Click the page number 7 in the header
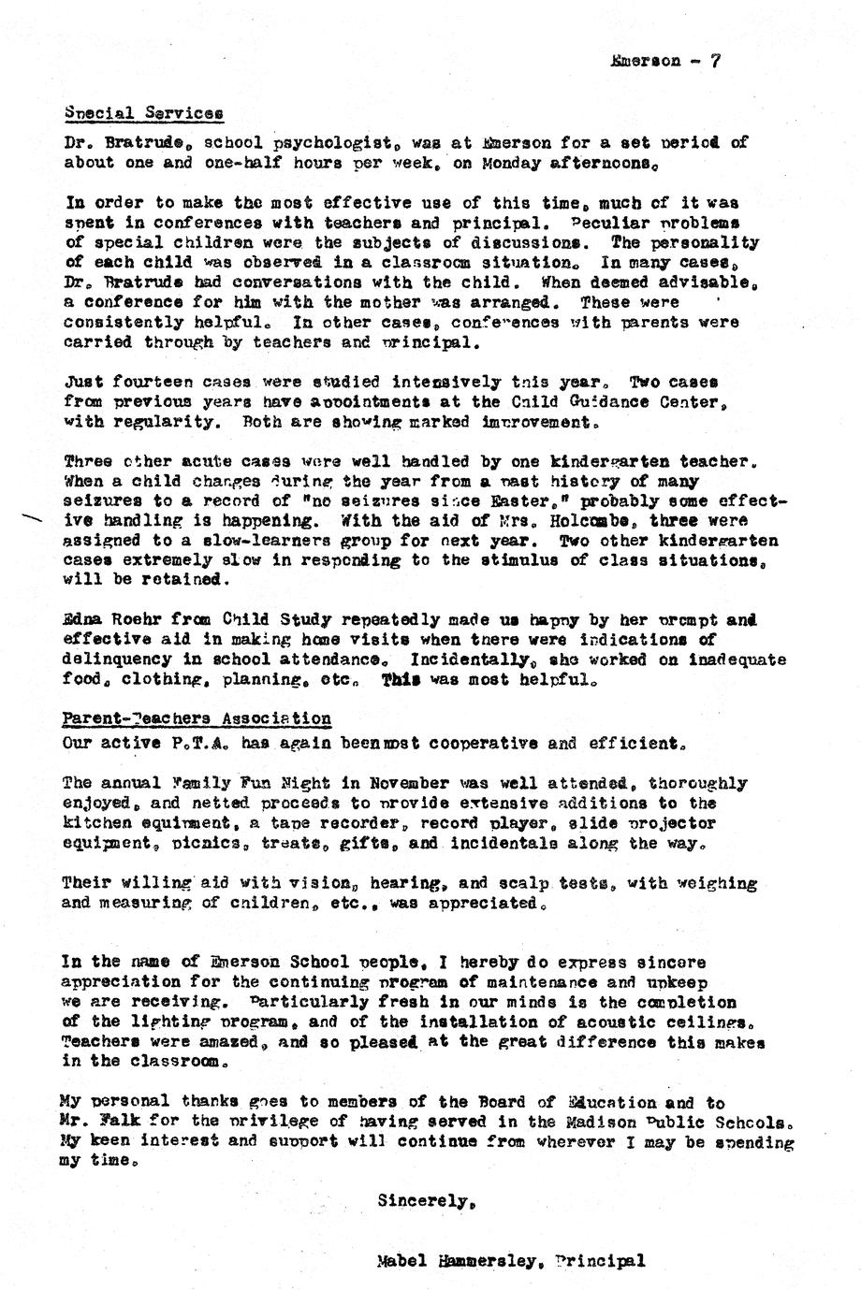pos(715,61)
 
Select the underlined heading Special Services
pos(144,113)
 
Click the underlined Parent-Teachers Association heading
pos(197,719)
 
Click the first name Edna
pos(84,620)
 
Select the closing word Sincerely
pos(418,1201)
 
